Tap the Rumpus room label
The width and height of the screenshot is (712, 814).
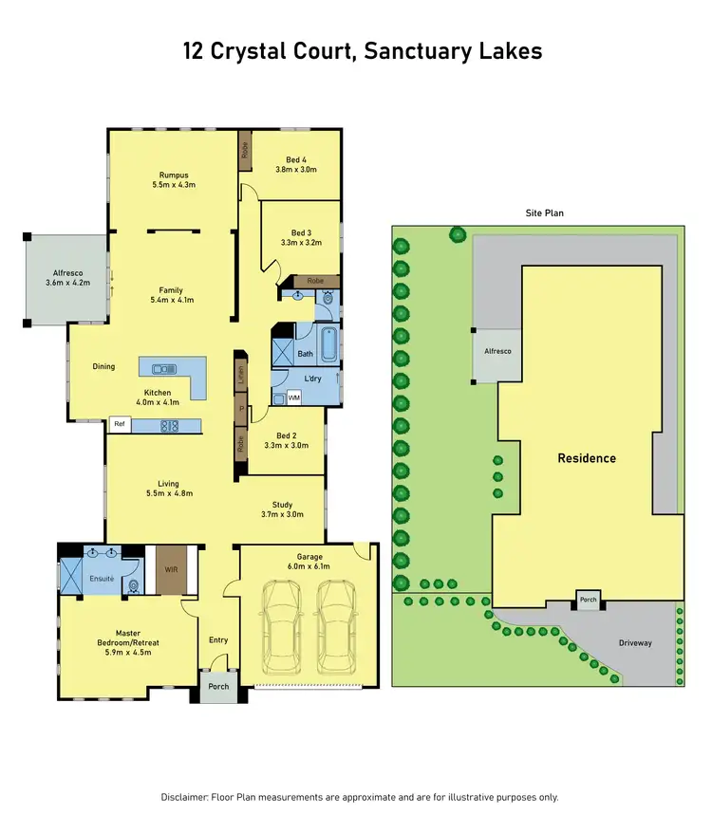tap(174, 175)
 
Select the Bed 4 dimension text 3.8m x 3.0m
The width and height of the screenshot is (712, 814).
tap(295, 170)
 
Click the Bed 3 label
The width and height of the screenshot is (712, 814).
tap(301, 232)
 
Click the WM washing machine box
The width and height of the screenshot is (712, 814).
tap(293, 398)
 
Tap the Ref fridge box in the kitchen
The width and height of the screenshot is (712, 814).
tap(120, 426)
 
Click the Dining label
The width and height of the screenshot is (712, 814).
tap(103, 366)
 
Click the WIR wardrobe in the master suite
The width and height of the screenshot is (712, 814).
tap(172, 570)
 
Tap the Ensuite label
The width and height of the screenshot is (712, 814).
tap(102, 578)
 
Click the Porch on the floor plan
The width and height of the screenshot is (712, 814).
tap(218, 686)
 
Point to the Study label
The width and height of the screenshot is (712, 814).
tap(281, 505)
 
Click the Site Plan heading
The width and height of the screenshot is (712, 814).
tap(545, 213)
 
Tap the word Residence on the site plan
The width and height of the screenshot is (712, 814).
tap(586, 458)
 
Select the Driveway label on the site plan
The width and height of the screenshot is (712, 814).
tap(635, 643)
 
